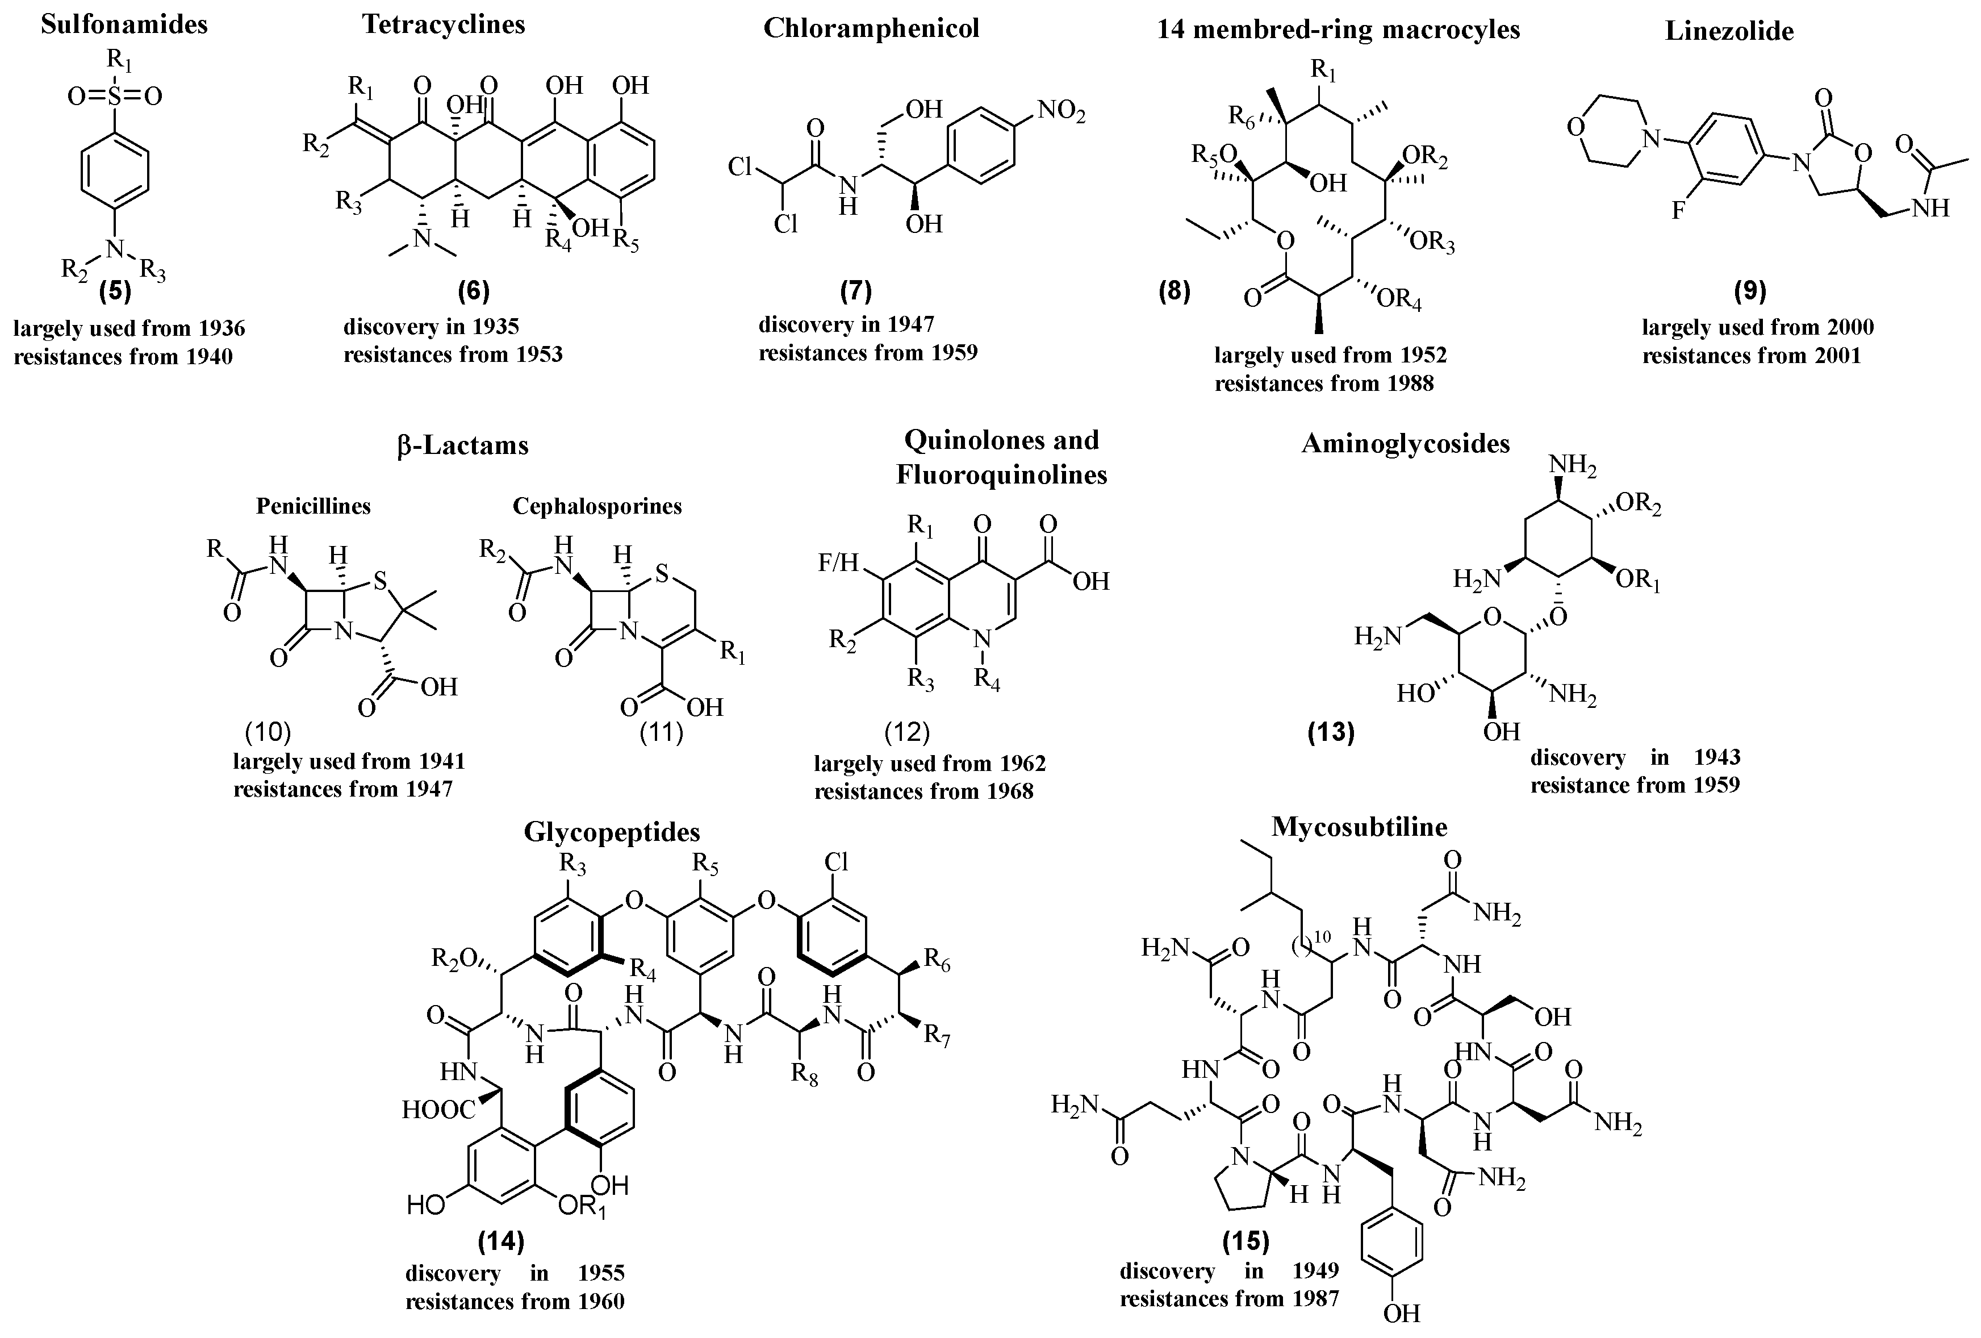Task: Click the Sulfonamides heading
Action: [x=124, y=24]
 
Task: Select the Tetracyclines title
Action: [x=443, y=24]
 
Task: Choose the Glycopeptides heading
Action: [x=612, y=831]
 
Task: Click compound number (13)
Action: [x=1331, y=732]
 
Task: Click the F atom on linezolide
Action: [x=1678, y=210]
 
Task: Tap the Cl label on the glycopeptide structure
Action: [x=836, y=862]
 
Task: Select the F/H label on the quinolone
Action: [x=837, y=564]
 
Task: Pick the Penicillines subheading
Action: [x=314, y=507]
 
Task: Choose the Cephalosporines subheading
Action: [x=597, y=507]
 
